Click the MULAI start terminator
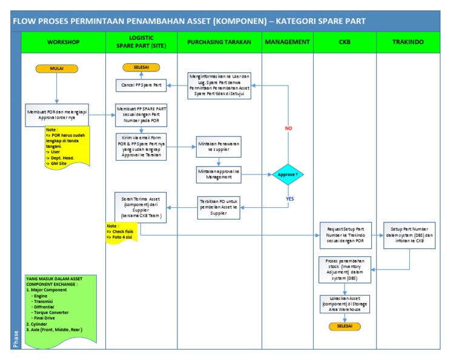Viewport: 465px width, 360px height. (56, 68)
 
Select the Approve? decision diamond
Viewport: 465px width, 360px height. (287, 174)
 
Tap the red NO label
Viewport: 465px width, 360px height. (288, 128)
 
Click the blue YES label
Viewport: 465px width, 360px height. (289, 198)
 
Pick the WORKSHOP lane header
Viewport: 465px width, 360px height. (64, 42)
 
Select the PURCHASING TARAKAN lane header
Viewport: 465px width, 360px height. (219, 42)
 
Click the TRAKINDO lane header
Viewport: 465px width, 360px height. (408, 42)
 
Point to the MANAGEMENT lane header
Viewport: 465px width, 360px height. (287, 42)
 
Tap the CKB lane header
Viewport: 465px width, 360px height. (345, 42)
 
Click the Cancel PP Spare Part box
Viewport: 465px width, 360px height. (141, 85)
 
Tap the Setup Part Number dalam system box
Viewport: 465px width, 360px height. (409, 235)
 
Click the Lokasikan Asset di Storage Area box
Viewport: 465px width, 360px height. (345, 304)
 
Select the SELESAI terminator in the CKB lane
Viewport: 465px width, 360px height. (345, 326)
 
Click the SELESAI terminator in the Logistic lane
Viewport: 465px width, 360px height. (141, 67)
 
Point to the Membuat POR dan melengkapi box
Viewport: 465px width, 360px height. (56, 115)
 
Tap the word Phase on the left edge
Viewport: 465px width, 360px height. (16, 339)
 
